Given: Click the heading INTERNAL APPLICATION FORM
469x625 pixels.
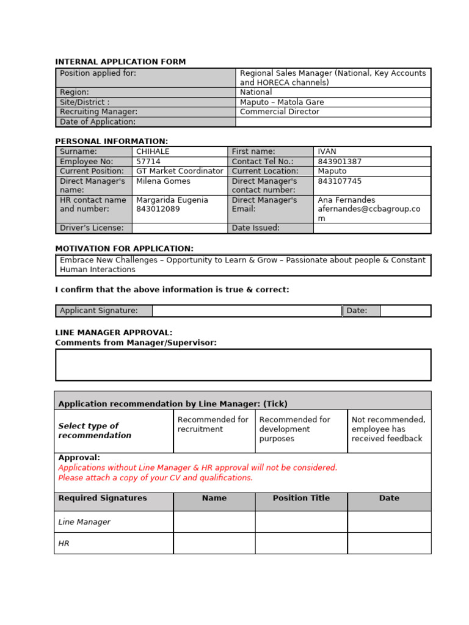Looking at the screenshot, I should pos(120,62).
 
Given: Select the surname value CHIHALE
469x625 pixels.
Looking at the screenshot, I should pos(153,151).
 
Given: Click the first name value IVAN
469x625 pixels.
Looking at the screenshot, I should pos(327,151).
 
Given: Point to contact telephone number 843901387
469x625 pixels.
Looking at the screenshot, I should pos(340,162).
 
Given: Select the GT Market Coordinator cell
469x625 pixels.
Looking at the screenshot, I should pos(180,172).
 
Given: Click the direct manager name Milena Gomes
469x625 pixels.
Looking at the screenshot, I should pos(163,181).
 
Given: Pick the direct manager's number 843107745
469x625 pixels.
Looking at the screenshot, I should pos(340,181).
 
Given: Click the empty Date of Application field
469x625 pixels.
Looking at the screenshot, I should pos(333,122).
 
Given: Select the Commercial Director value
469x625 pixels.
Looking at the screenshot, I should pos(279,112).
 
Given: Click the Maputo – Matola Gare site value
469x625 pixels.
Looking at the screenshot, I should pos(282,102).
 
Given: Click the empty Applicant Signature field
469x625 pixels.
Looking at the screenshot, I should pos(247,311).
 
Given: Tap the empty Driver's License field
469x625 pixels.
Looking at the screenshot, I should pos(179,228).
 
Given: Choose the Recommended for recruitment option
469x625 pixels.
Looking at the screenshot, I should pos(213,424).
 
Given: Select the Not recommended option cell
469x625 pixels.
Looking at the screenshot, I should pos(388,429).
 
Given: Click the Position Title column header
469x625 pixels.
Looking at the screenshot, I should pos(301,498).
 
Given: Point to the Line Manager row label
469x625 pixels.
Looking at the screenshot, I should pos(84,522).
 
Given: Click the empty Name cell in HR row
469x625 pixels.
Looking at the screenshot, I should pos(214,543).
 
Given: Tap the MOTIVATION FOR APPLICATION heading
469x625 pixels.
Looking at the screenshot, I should pos(124,248).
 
